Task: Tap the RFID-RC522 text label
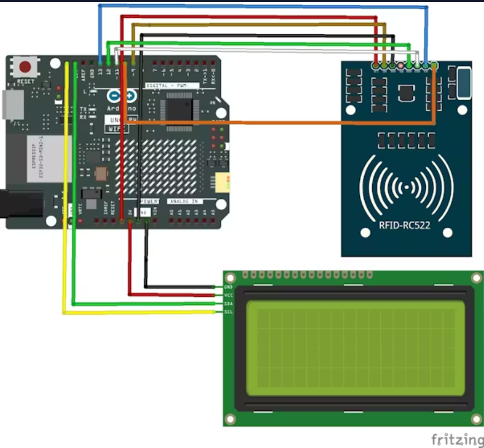pyautogui.click(x=404, y=226)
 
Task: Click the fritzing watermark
pyautogui.click(x=457, y=439)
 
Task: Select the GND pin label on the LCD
pyautogui.click(x=228, y=287)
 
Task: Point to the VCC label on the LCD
pyautogui.click(x=228, y=296)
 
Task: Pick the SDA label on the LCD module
pyautogui.click(x=228, y=304)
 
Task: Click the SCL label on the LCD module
pyautogui.click(x=228, y=312)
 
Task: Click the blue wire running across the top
pyautogui.click(x=259, y=6)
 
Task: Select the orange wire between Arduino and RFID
pyautogui.click(x=278, y=123)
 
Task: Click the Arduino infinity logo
pyautogui.click(x=122, y=96)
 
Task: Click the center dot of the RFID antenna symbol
pyautogui.click(x=404, y=187)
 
